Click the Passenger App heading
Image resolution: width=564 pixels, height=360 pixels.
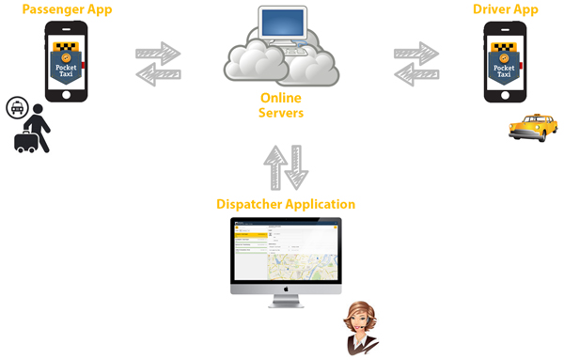67,9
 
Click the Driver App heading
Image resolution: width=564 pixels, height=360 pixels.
506,9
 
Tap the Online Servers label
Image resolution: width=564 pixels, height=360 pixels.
281,105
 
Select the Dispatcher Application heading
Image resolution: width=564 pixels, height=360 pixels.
286,204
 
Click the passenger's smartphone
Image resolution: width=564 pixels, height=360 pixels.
67,61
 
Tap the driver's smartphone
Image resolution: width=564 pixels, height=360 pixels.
505,61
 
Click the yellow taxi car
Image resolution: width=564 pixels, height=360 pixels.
532,128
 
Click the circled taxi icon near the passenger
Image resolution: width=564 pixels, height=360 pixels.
17,107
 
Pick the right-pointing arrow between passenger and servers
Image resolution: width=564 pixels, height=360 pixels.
159,53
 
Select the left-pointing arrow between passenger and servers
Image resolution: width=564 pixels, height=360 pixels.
157,74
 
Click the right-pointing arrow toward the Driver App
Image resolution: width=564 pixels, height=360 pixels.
417,53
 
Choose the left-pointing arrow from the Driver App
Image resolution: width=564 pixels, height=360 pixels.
415,74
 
